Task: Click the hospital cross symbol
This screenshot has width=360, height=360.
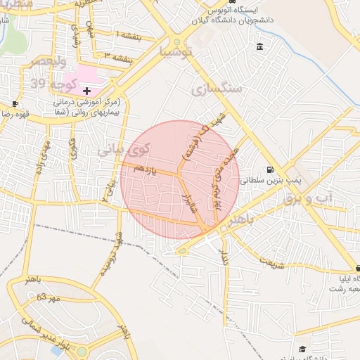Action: coord(86,91)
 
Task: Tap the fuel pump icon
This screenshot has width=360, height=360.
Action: coord(270,169)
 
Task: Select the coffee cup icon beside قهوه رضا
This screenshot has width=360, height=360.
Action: coord(15,103)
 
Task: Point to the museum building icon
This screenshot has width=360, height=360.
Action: coord(260,47)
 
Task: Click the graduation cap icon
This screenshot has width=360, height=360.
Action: coord(302,349)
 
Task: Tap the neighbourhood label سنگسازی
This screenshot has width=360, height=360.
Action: coord(216,89)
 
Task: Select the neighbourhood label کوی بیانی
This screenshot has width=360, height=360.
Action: coord(124,149)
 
